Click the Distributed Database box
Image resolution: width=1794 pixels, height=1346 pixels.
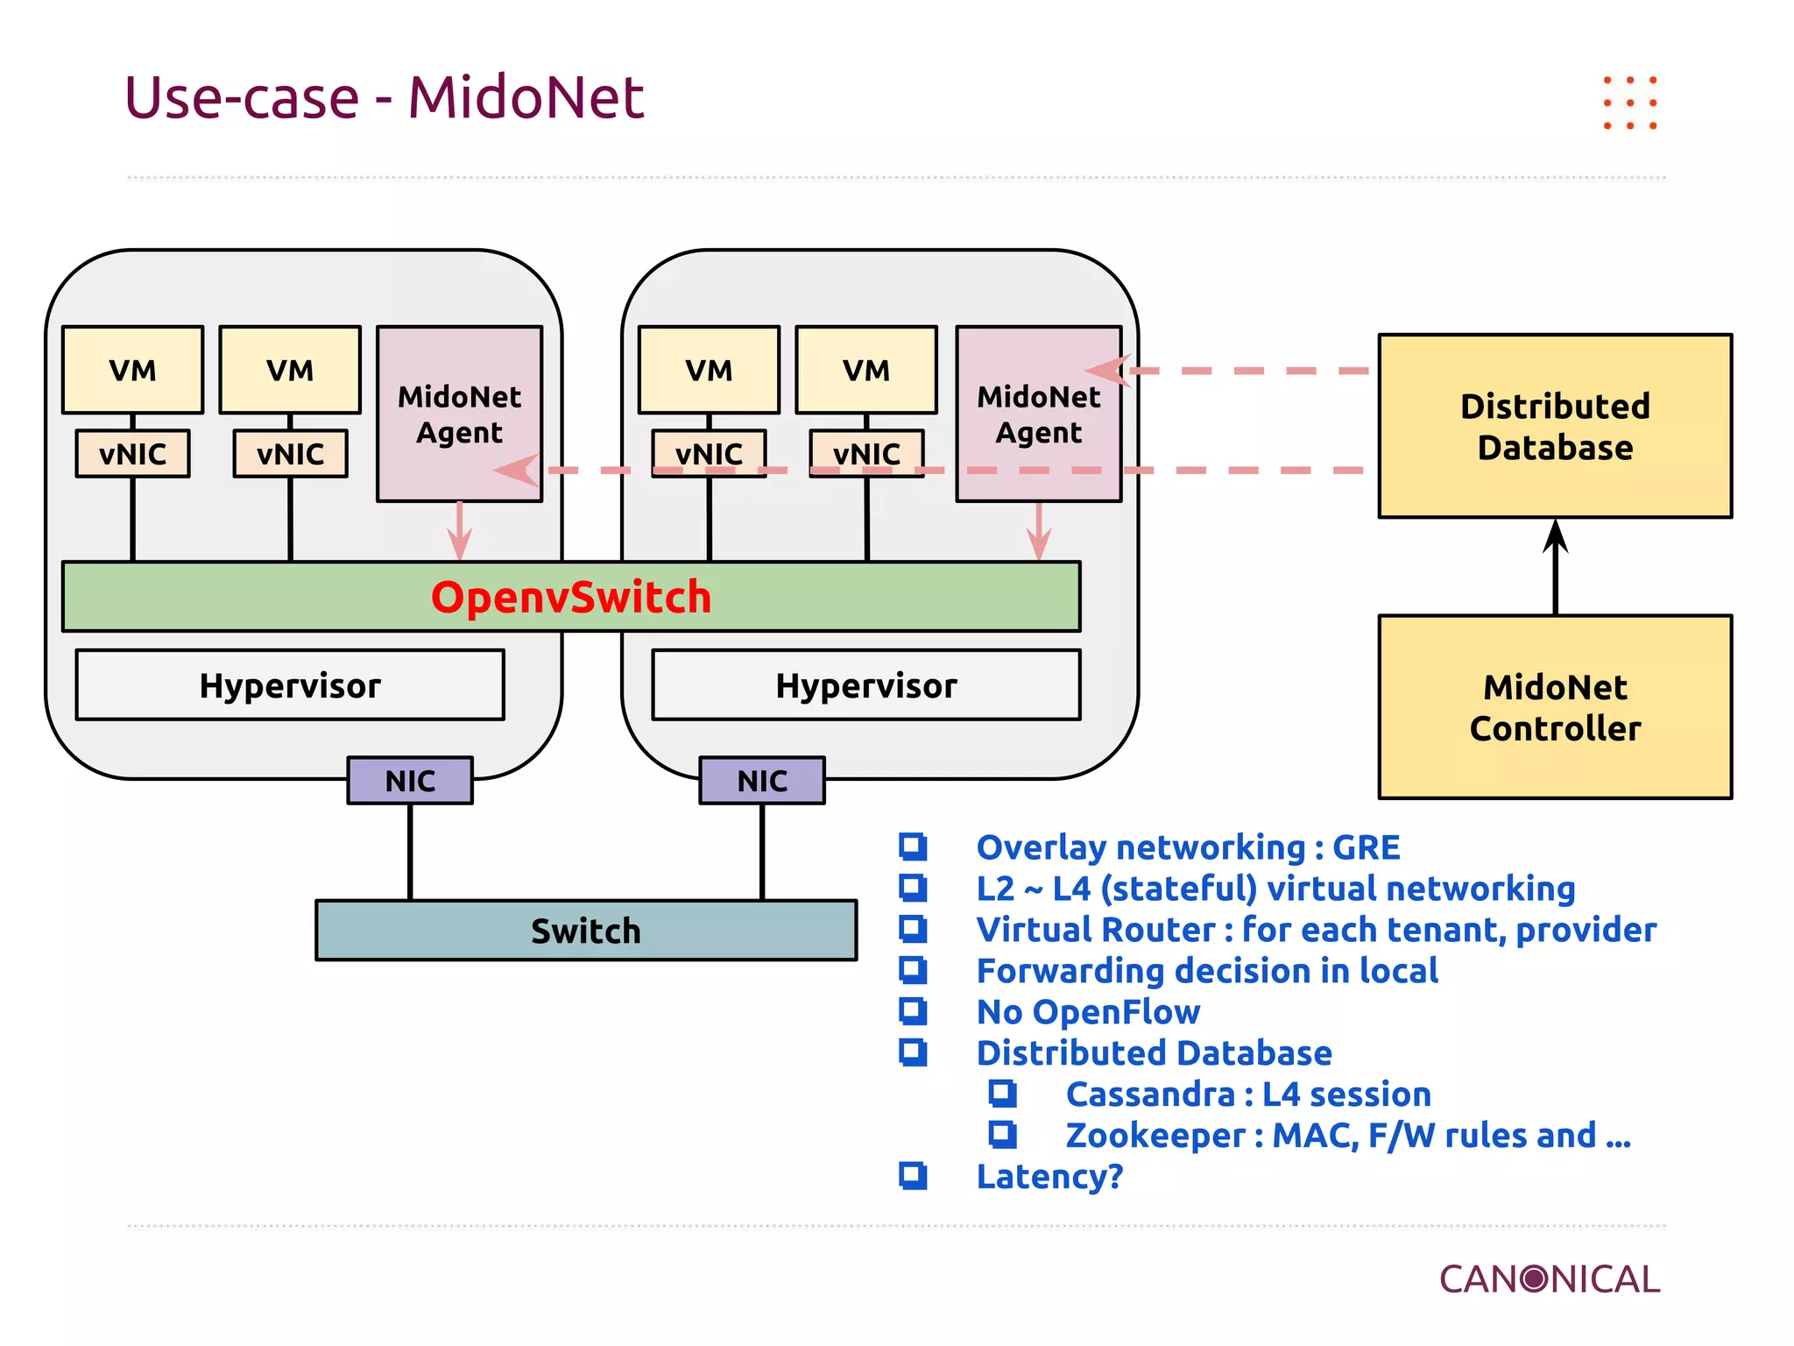[1555, 426]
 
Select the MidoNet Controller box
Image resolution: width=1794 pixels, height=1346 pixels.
[1555, 706]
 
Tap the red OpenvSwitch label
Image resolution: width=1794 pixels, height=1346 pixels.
[571, 597]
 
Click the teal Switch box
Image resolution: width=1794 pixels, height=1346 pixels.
[586, 930]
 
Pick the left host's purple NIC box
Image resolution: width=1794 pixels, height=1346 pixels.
[410, 780]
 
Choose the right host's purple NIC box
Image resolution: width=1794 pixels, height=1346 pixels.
[762, 780]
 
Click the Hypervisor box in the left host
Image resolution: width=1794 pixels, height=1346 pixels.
[290, 685]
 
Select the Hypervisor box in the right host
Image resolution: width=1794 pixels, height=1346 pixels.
[866, 685]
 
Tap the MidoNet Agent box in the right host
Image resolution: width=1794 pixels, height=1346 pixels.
[1039, 414]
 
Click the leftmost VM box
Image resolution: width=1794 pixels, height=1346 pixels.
[132, 370]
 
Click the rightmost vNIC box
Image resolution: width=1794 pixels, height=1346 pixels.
[866, 453]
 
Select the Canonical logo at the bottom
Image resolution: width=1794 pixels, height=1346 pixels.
[1549, 1279]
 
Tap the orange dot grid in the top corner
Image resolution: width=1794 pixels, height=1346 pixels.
[1629, 103]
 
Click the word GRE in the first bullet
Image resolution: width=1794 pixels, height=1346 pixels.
[1366, 847]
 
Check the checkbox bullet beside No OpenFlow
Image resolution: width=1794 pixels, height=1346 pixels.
[913, 1011]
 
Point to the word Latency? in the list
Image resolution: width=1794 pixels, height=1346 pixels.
[1049, 1176]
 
